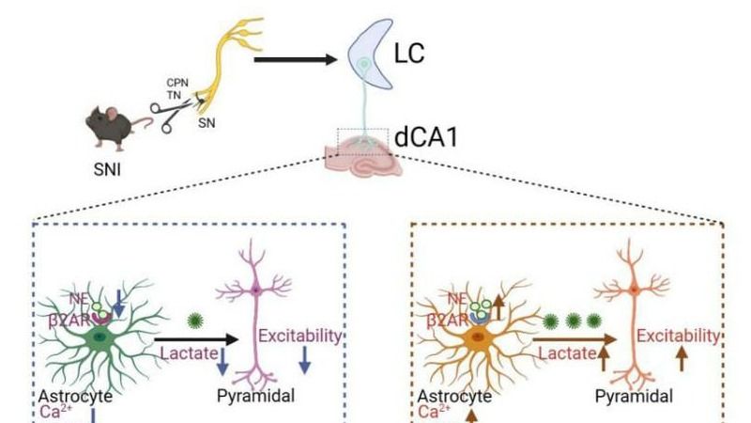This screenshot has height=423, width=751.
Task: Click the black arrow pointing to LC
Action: (x=296, y=61)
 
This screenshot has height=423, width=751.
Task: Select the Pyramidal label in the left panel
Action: (x=254, y=396)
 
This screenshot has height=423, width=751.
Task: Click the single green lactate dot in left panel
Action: (x=196, y=319)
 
